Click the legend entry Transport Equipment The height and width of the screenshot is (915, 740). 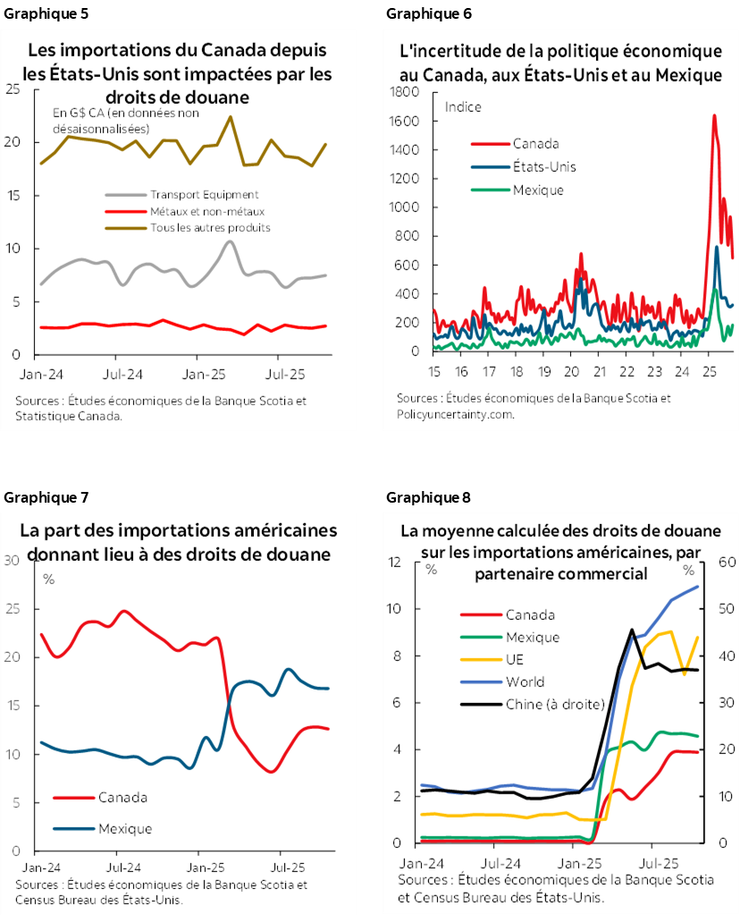[x=204, y=195]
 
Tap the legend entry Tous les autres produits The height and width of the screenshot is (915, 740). [x=210, y=227]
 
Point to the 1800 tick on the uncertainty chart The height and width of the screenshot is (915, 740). [x=407, y=92]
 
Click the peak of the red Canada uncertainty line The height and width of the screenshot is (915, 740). [x=713, y=114]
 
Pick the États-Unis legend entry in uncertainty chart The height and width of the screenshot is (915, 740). [x=544, y=166]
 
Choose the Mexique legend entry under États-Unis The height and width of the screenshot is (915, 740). [x=538, y=190]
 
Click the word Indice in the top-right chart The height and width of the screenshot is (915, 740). [x=463, y=107]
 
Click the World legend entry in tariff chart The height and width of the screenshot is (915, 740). [x=525, y=682]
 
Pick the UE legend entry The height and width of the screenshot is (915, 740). [x=516, y=659]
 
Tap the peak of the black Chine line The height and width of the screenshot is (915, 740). [x=633, y=630]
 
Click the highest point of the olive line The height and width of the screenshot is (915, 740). [x=231, y=116]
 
